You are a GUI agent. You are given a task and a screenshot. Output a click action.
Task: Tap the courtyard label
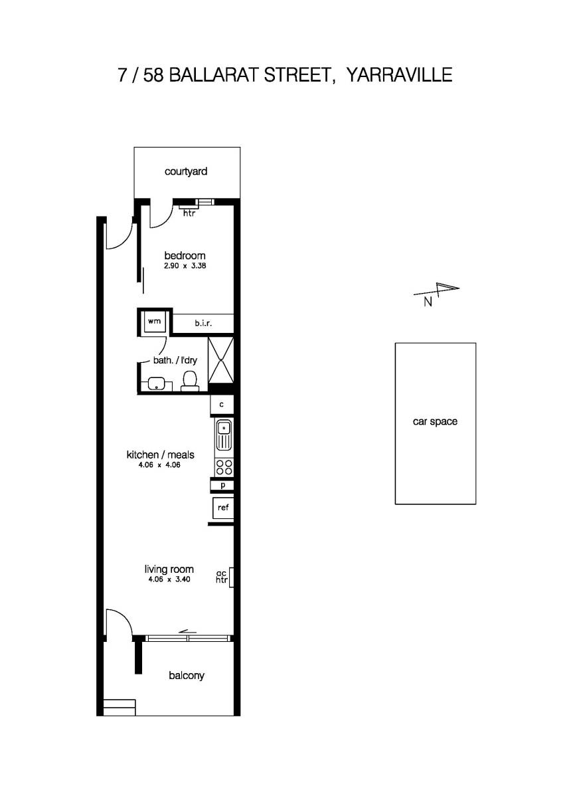pos(186,171)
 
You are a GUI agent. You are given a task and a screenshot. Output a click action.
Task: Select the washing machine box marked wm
pos(155,322)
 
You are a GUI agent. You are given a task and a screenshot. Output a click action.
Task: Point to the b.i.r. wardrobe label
pos(203,323)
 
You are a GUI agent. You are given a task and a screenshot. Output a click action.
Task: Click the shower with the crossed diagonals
pos(221,359)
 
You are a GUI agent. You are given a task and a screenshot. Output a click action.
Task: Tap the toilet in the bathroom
pos(190,381)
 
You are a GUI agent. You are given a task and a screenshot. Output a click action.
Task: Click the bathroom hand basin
pos(157,383)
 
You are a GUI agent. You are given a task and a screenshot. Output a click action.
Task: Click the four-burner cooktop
pos(224,466)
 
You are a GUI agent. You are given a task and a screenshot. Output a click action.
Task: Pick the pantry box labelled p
pos(222,485)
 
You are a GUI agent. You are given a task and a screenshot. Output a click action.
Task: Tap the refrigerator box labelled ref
pos(222,508)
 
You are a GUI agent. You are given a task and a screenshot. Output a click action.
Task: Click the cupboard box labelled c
pos(222,403)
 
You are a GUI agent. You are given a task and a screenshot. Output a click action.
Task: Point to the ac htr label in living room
pos(222,577)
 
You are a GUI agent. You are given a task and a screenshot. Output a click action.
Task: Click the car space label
pos(435,421)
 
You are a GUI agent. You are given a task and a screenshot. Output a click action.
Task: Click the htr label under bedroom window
pos(189,213)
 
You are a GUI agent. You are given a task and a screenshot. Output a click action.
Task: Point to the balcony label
pos(187,675)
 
